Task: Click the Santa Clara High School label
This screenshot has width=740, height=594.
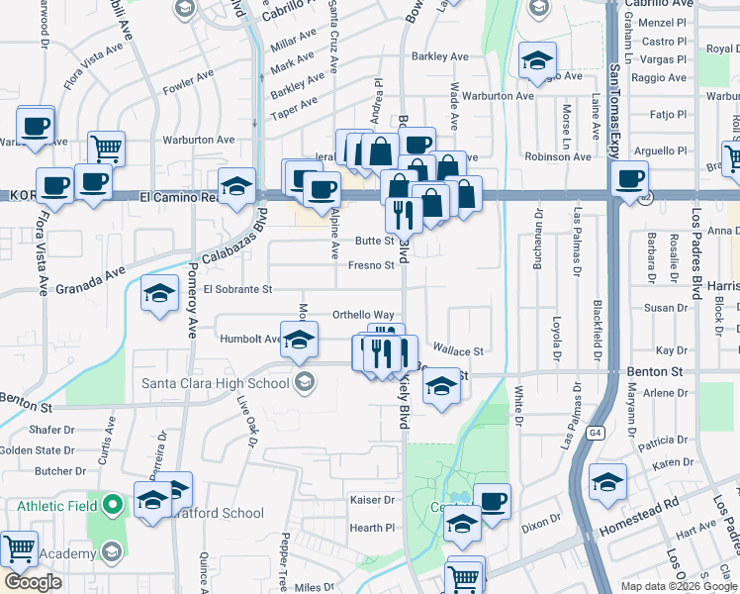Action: (x=215, y=383)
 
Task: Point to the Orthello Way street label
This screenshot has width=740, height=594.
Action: (x=363, y=314)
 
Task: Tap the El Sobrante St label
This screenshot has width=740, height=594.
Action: (x=237, y=289)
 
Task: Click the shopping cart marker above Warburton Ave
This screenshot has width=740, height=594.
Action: (x=106, y=148)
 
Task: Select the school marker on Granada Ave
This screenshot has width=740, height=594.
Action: (x=159, y=293)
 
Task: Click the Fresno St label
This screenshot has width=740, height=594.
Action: (x=372, y=265)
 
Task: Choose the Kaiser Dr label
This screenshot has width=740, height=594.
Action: (x=372, y=501)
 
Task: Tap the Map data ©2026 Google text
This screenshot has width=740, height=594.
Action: (x=678, y=586)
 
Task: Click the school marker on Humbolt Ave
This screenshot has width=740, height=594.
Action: (x=298, y=340)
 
